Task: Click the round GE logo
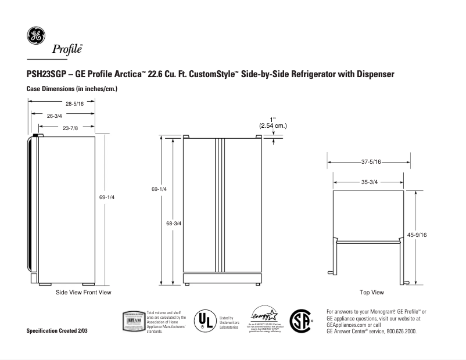(x=35, y=35)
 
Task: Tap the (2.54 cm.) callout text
(x=273, y=125)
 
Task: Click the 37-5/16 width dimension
(x=370, y=162)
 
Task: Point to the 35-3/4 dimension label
(x=369, y=182)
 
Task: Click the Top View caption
(x=371, y=292)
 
